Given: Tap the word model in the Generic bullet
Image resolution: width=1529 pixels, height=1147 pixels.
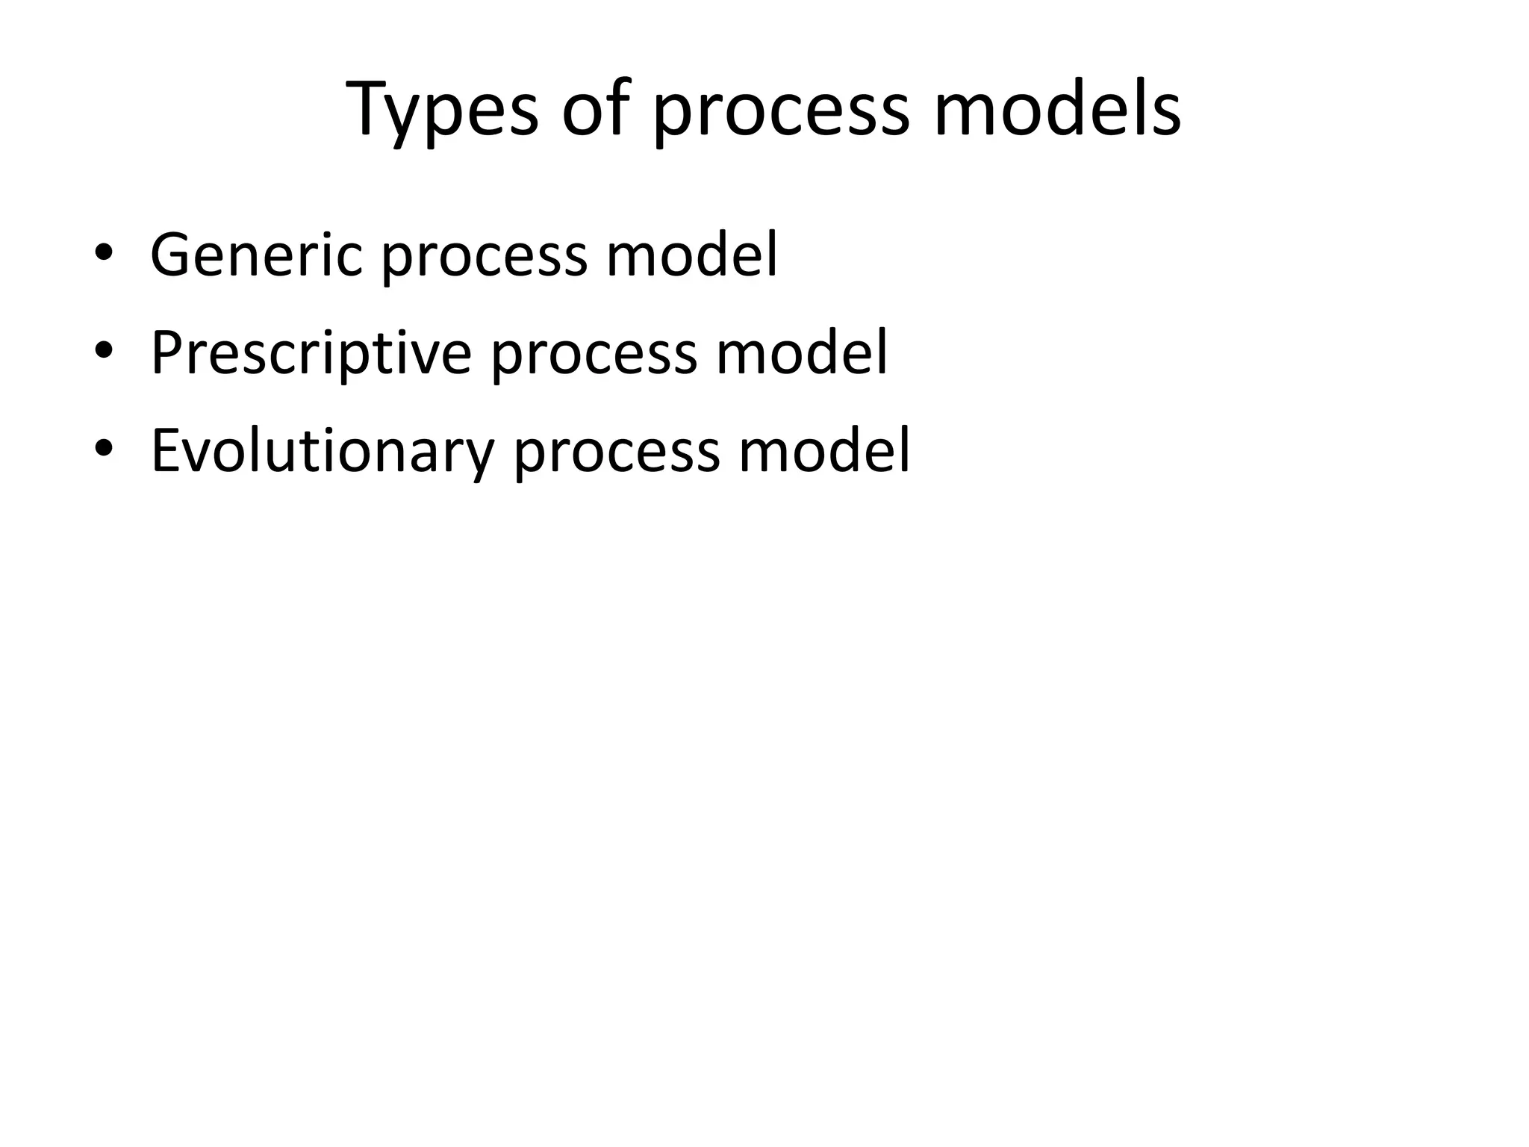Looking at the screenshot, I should click(691, 255).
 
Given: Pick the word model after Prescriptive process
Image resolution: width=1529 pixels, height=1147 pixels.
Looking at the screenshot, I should click(802, 353).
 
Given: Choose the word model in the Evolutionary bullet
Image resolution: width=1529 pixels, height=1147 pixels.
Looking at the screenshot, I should click(824, 451).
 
